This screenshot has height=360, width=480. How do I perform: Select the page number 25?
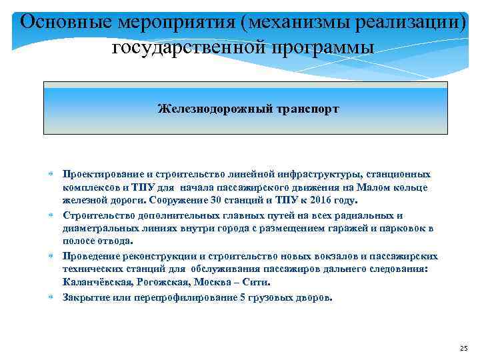(465, 349)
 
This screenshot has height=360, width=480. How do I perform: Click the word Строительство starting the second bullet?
(99, 215)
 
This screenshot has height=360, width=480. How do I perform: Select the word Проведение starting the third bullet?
(93, 257)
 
